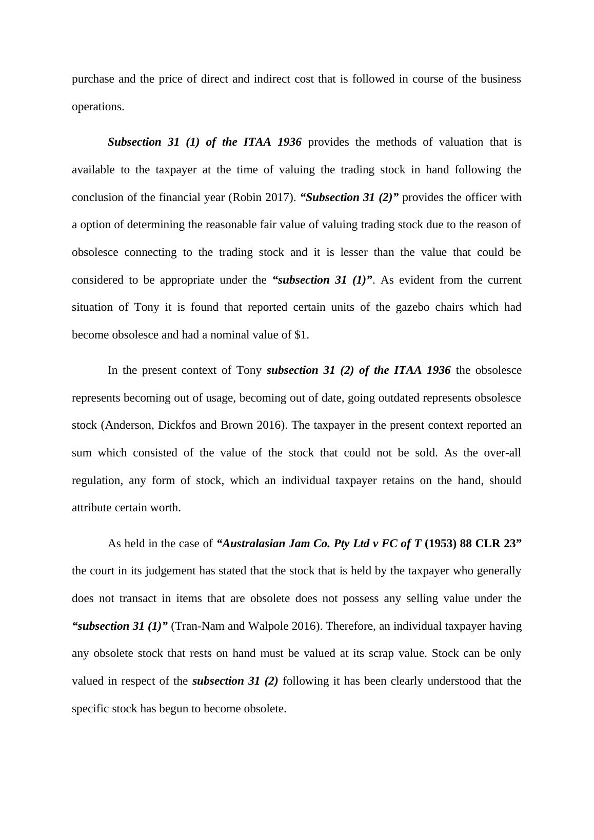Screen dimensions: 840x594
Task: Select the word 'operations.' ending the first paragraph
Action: click(98, 107)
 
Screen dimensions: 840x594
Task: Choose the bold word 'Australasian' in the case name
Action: click(253, 544)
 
